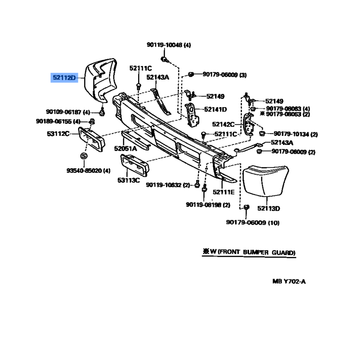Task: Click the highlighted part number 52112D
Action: click(64, 77)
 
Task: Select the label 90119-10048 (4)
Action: click(169, 45)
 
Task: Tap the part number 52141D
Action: click(216, 109)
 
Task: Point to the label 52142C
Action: click(223, 124)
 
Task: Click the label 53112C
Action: click(58, 134)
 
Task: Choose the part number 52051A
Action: click(126, 149)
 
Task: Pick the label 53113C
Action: click(129, 180)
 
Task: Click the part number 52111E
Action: click(224, 192)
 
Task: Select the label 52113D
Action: click(269, 208)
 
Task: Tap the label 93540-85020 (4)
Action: click(88, 171)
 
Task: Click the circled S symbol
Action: click(84, 156)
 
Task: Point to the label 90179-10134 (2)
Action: click(296, 134)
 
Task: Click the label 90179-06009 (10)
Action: click(253, 222)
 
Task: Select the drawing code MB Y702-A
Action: click(289, 282)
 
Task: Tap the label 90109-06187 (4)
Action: click(68, 112)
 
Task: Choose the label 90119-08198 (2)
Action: click(208, 205)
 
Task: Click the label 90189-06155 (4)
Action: click(58, 121)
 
